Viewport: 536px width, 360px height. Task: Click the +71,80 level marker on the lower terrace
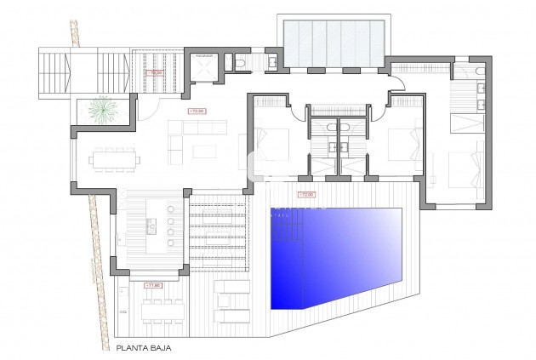154,285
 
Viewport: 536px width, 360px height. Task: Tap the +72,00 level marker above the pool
305,195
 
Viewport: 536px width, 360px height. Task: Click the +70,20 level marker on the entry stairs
156,74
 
